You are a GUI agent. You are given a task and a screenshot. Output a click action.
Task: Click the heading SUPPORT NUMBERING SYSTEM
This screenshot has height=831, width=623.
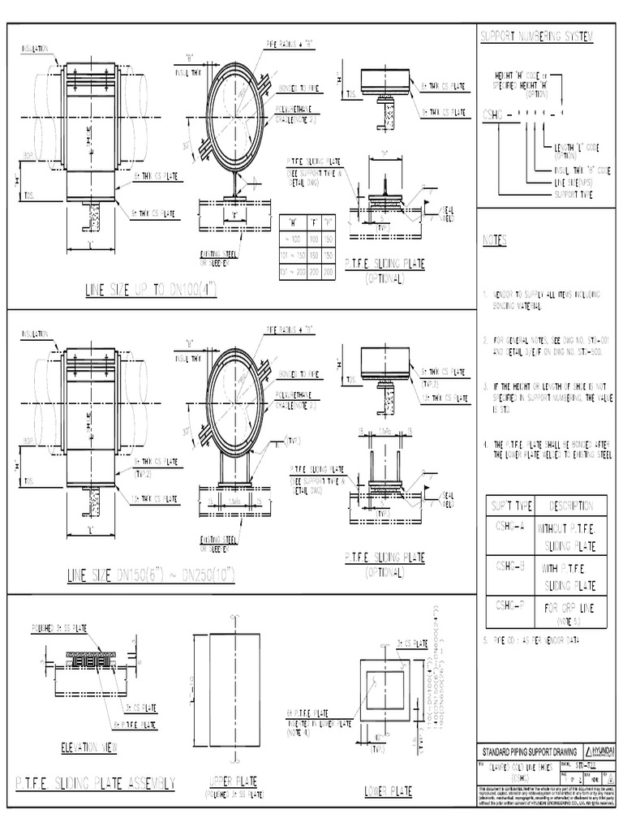(536, 37)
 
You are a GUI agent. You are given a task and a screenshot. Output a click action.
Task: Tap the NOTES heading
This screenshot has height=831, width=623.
(494, 241)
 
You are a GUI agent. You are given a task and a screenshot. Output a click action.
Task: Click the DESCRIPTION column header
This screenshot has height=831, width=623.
(571, 506)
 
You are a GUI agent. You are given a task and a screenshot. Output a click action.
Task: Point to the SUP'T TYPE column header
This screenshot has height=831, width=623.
(509, 506)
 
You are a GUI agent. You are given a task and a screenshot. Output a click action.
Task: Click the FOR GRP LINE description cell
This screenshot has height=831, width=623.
(571, 609)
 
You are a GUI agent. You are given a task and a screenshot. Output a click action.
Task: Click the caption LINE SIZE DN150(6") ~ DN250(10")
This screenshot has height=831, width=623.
(151, 575)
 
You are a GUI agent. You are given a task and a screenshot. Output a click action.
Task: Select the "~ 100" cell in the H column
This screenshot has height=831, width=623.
(291, 238)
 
